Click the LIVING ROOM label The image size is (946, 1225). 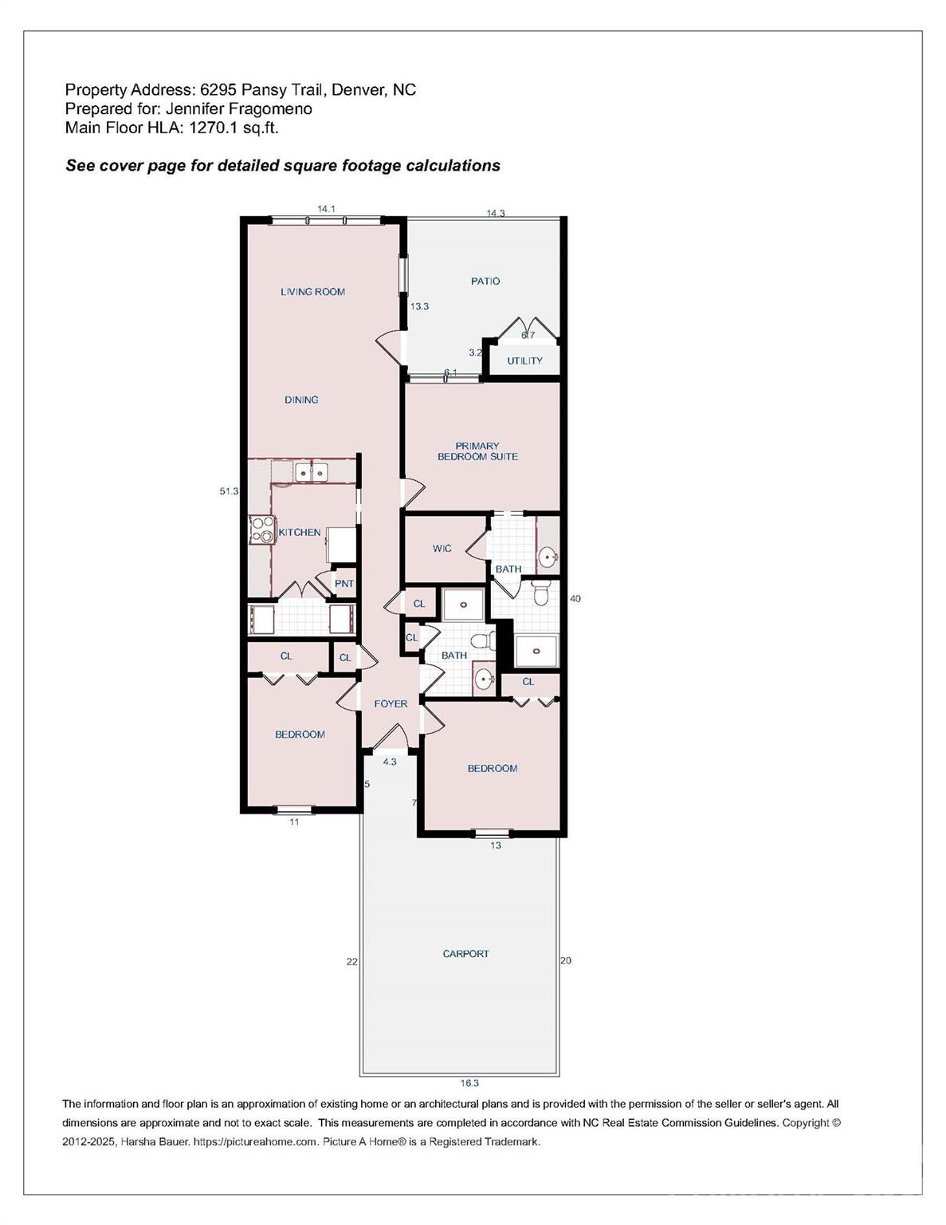pos(312,292)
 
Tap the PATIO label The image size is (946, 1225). pos(485,281)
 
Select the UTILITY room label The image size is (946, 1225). pos(524,360)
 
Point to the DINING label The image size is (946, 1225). pos(301,400)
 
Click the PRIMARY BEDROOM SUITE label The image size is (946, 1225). pos(477,451)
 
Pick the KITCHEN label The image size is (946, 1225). pos(300,532)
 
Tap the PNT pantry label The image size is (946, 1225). pos(343,584)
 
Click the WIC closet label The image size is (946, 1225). pos(442,549)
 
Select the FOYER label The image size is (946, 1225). pos(391,703)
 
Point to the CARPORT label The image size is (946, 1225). pos(465,954)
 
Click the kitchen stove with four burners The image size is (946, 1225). pos(261,530)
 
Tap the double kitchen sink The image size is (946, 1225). pos(312,472)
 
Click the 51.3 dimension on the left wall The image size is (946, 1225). pos(229,491)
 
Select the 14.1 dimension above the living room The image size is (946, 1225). pos(326,209)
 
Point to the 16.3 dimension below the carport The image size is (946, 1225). pos(469,1083)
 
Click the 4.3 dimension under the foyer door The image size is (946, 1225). pos(390,762)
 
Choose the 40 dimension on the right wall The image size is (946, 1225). pos(575,598)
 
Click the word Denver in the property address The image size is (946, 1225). pos(355,90)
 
